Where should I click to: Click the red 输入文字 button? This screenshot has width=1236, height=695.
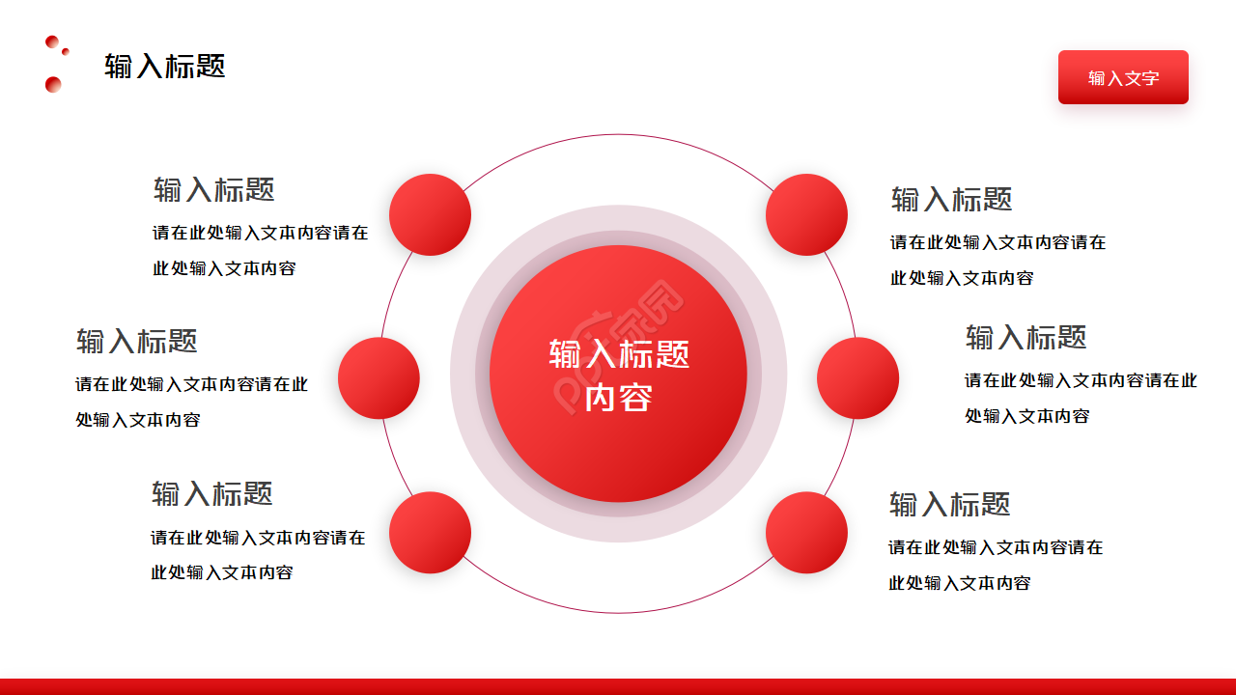[x=1123, y=77]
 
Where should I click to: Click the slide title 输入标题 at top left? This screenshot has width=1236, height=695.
[x=164, y=66]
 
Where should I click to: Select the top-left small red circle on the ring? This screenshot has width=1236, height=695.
[x=430, y=214]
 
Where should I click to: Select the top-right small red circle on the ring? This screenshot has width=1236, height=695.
[x=806, y=214]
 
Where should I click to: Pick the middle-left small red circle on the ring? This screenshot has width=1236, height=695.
[x=379, y=377]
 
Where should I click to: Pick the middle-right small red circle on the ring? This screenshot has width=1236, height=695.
[x=857, y=377]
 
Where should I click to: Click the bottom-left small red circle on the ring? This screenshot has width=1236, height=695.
[x=430, y=532]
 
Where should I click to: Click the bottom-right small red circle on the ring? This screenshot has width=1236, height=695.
[x=806, y=532]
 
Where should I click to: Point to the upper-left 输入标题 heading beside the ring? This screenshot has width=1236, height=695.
[x=213, y=189]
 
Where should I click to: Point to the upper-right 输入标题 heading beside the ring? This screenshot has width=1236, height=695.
[x=951, y=200]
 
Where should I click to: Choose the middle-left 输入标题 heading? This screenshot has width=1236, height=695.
[x=137, y=341]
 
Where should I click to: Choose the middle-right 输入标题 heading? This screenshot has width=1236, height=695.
[x=1025, y=337]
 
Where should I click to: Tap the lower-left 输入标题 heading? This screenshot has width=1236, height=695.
[x=211, y=493]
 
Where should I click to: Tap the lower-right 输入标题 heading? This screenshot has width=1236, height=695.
[x=949, y=504]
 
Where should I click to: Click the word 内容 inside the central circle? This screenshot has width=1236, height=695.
[x=618, y=398]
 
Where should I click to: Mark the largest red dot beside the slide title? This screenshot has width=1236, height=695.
[x=53, y=84]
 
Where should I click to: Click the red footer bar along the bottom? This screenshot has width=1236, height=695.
[x=618, y=686]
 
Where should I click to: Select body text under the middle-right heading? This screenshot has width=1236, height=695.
[x=1080, y=398]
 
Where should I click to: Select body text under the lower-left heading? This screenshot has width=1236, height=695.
[x=257, y=554]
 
